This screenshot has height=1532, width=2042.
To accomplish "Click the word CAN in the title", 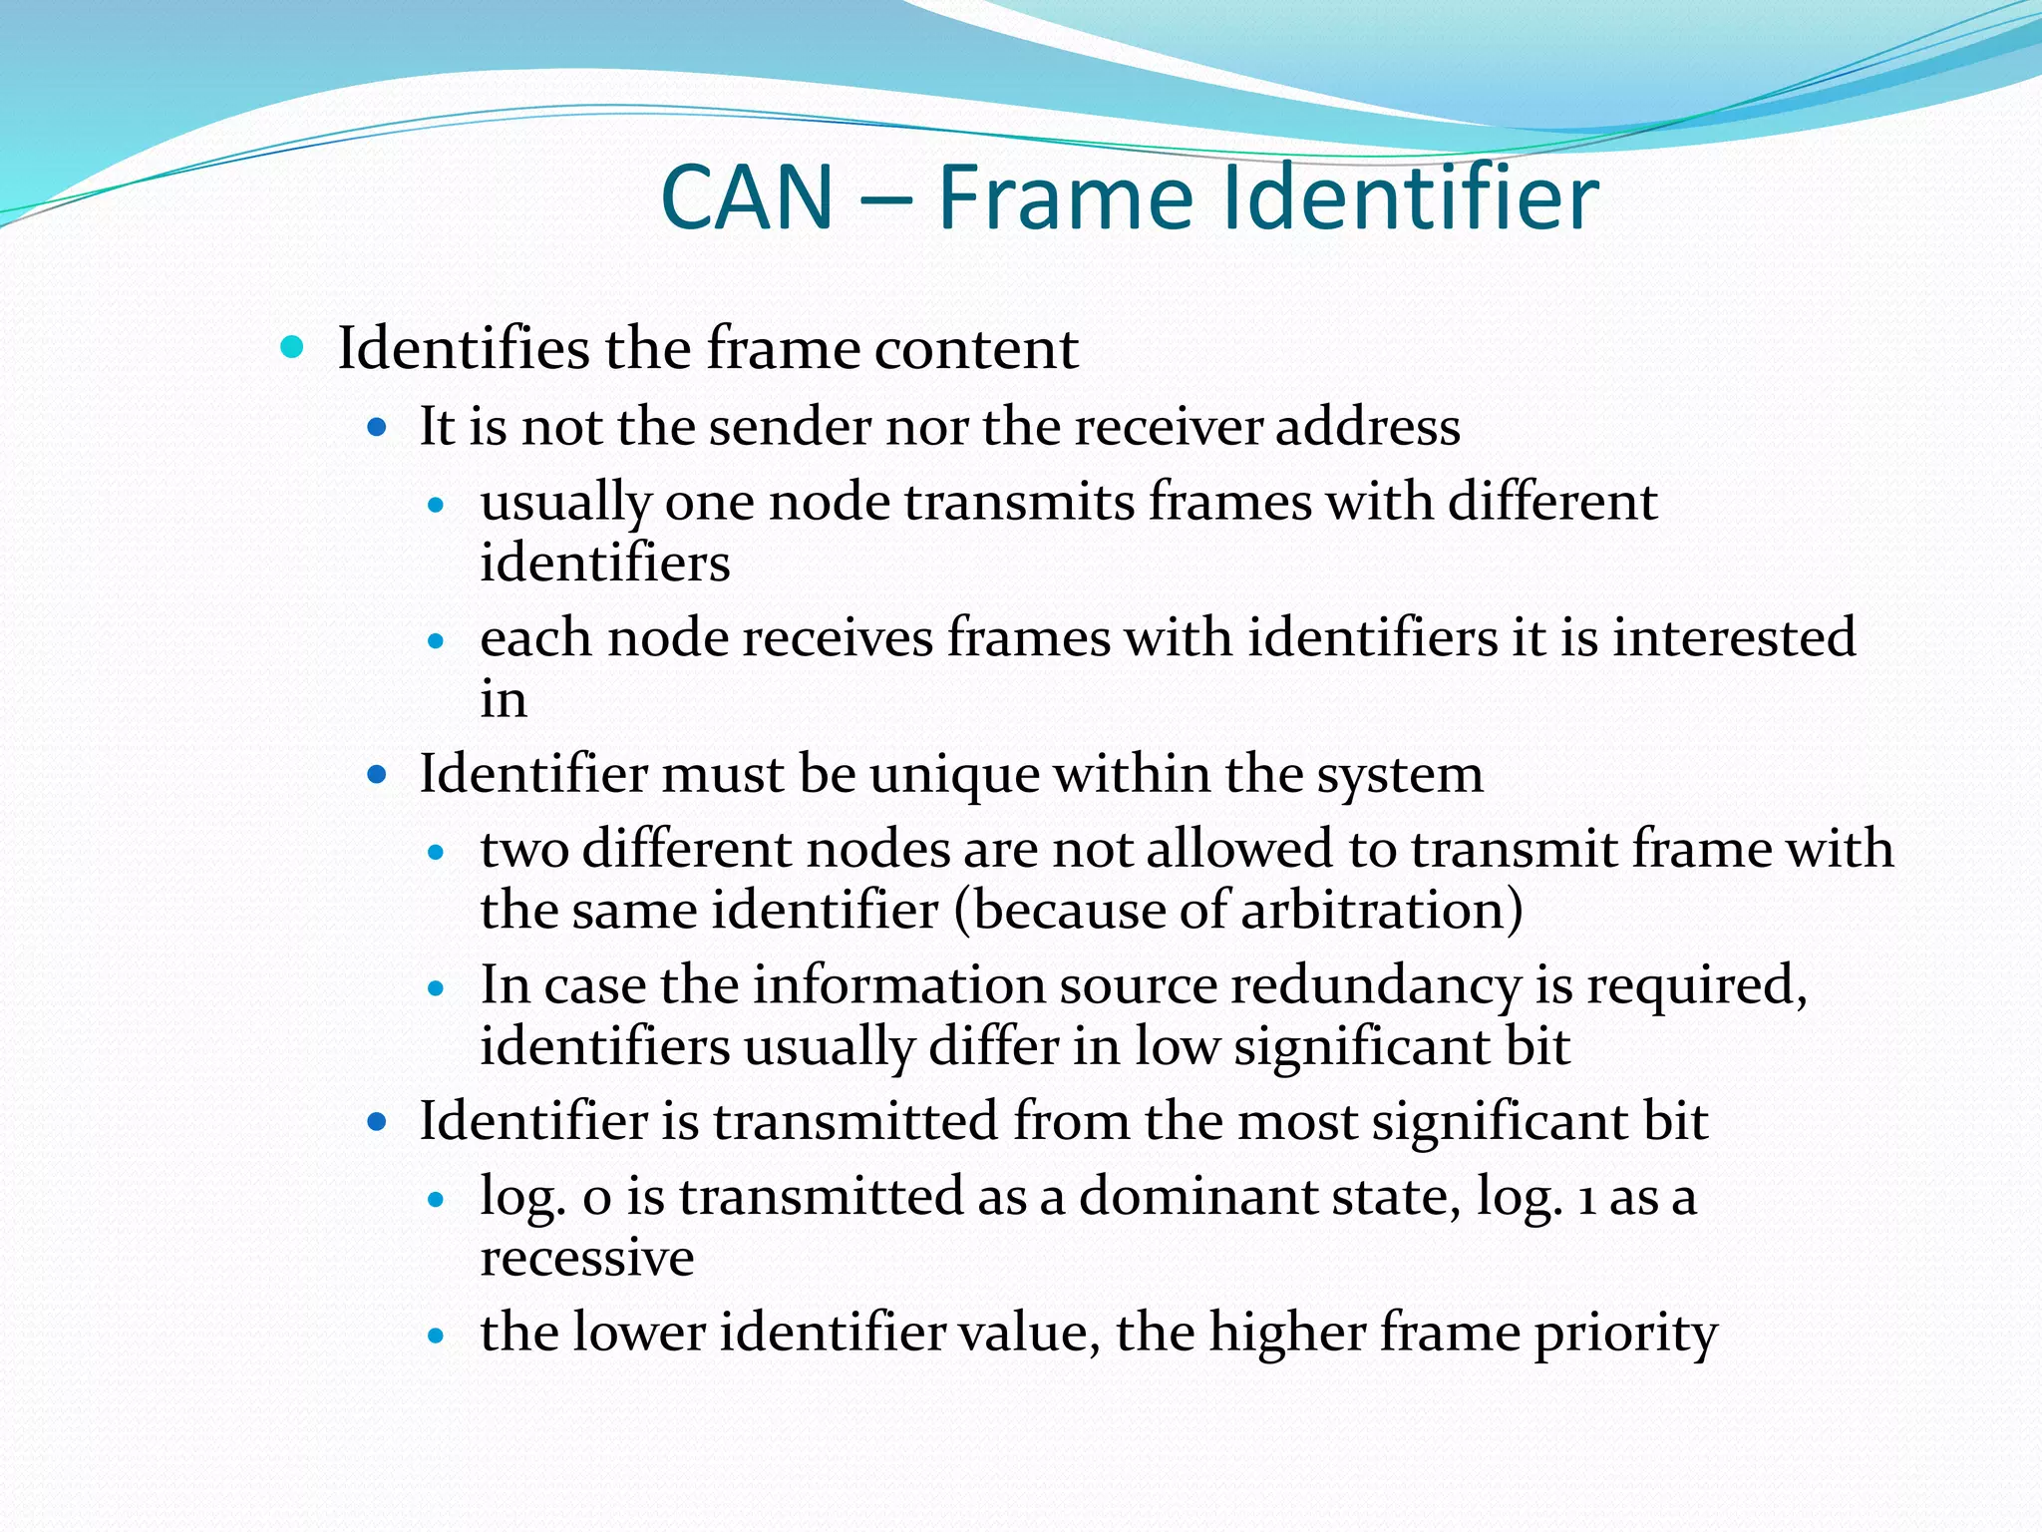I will point(747,197).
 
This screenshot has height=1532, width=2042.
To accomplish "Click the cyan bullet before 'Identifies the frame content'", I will point(292,348).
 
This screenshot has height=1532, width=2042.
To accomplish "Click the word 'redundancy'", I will point(1375,986).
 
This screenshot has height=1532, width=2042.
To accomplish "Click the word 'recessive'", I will point(586,1257).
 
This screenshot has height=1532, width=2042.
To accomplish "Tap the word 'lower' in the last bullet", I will point(639,1333).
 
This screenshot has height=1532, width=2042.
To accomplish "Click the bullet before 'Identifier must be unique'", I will point(377,774).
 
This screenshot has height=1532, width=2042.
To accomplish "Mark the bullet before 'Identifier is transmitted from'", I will point(377,1122).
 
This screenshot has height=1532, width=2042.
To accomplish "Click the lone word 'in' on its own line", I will point(503,699).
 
